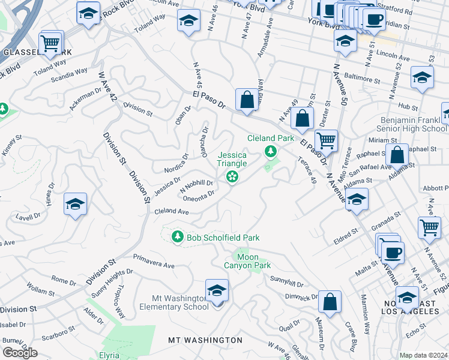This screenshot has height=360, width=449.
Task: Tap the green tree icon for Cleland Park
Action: click(271, 151)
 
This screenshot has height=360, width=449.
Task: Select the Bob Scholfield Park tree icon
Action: click(177, 238)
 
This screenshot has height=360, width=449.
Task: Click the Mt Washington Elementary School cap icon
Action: click(217, 291)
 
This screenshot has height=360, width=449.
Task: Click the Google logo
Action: click(20, 353)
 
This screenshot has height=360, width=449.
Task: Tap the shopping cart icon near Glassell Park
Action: click(50, 43)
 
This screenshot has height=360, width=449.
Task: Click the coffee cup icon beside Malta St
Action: click(393, 253)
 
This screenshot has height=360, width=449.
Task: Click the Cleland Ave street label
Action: click(172, 212)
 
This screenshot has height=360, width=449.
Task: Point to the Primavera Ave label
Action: click(154, 265)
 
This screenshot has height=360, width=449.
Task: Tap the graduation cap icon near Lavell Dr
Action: click(75, 205)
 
